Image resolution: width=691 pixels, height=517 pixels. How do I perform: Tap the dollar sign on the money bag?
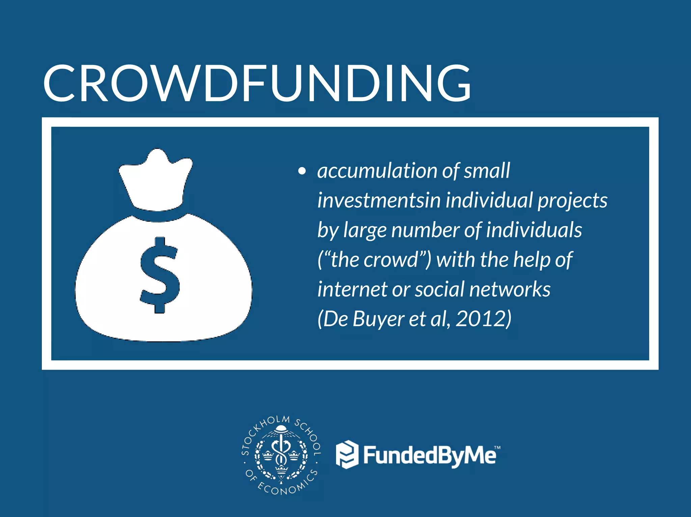(x=160, y=275)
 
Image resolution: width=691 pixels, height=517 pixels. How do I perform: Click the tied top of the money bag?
(x=156, y=179)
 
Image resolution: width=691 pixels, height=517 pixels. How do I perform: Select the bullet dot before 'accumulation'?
(x=302, y=171)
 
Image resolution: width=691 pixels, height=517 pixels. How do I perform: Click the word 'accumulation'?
(x=377, y=171)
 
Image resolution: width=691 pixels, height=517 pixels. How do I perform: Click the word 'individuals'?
(x=534, y=230)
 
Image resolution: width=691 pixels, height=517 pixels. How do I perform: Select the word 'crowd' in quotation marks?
(x=391, y=260)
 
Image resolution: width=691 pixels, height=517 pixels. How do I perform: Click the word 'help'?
(x=532, y=260)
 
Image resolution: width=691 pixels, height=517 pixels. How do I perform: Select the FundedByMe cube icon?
(x=347, y=455)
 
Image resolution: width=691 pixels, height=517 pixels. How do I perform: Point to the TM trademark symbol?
(x=497, y=448)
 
